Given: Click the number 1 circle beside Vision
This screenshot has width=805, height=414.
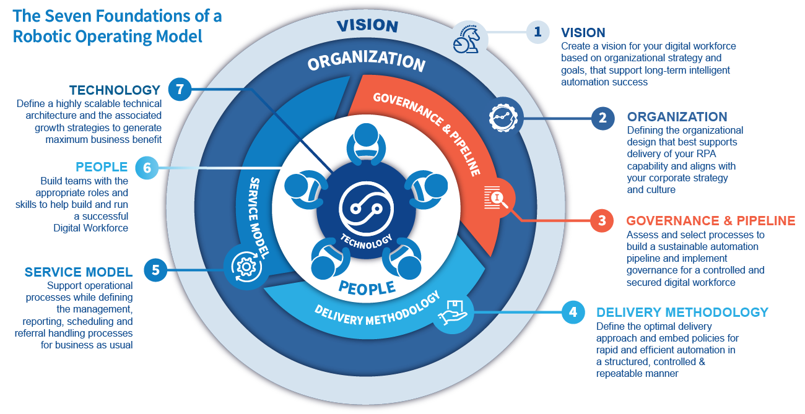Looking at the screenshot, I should coord(537,32).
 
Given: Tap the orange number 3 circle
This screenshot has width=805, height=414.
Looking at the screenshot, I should coord(602,220).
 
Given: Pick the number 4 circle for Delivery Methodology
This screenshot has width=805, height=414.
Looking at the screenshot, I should coord(572,313).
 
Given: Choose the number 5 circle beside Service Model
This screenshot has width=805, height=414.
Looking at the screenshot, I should coord(155,270).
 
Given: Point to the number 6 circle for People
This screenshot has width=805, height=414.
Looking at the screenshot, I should coord(147,167).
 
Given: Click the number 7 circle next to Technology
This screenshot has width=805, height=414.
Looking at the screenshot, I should coord(180,89).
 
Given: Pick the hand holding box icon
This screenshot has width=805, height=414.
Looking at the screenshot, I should coord(453,312).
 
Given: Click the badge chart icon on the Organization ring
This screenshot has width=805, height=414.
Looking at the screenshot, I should coord(503,116).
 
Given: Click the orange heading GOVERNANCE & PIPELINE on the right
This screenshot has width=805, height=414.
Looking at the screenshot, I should coord(710,220).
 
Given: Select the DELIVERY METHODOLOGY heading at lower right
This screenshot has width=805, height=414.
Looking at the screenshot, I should coord(682,313).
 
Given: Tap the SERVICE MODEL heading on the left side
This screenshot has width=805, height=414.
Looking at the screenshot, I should coord(78,272).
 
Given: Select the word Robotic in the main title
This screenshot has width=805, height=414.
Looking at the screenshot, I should coord(42,37).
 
